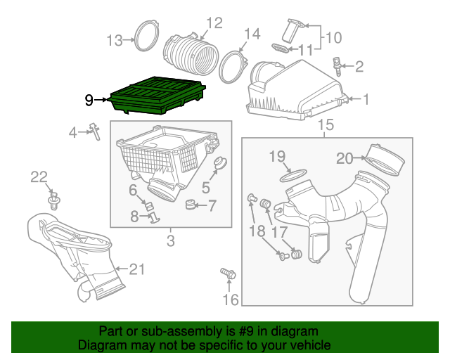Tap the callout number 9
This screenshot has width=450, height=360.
click(89, 101)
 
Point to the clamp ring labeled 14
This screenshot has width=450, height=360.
click(233, 63)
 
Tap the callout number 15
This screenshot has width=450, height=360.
click(324, 126)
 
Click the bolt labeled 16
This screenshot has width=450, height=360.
click(227, 274)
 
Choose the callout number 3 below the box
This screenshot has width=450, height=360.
click(170, 243)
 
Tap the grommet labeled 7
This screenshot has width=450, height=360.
click(190, 205)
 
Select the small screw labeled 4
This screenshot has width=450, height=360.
click(91, 131)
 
